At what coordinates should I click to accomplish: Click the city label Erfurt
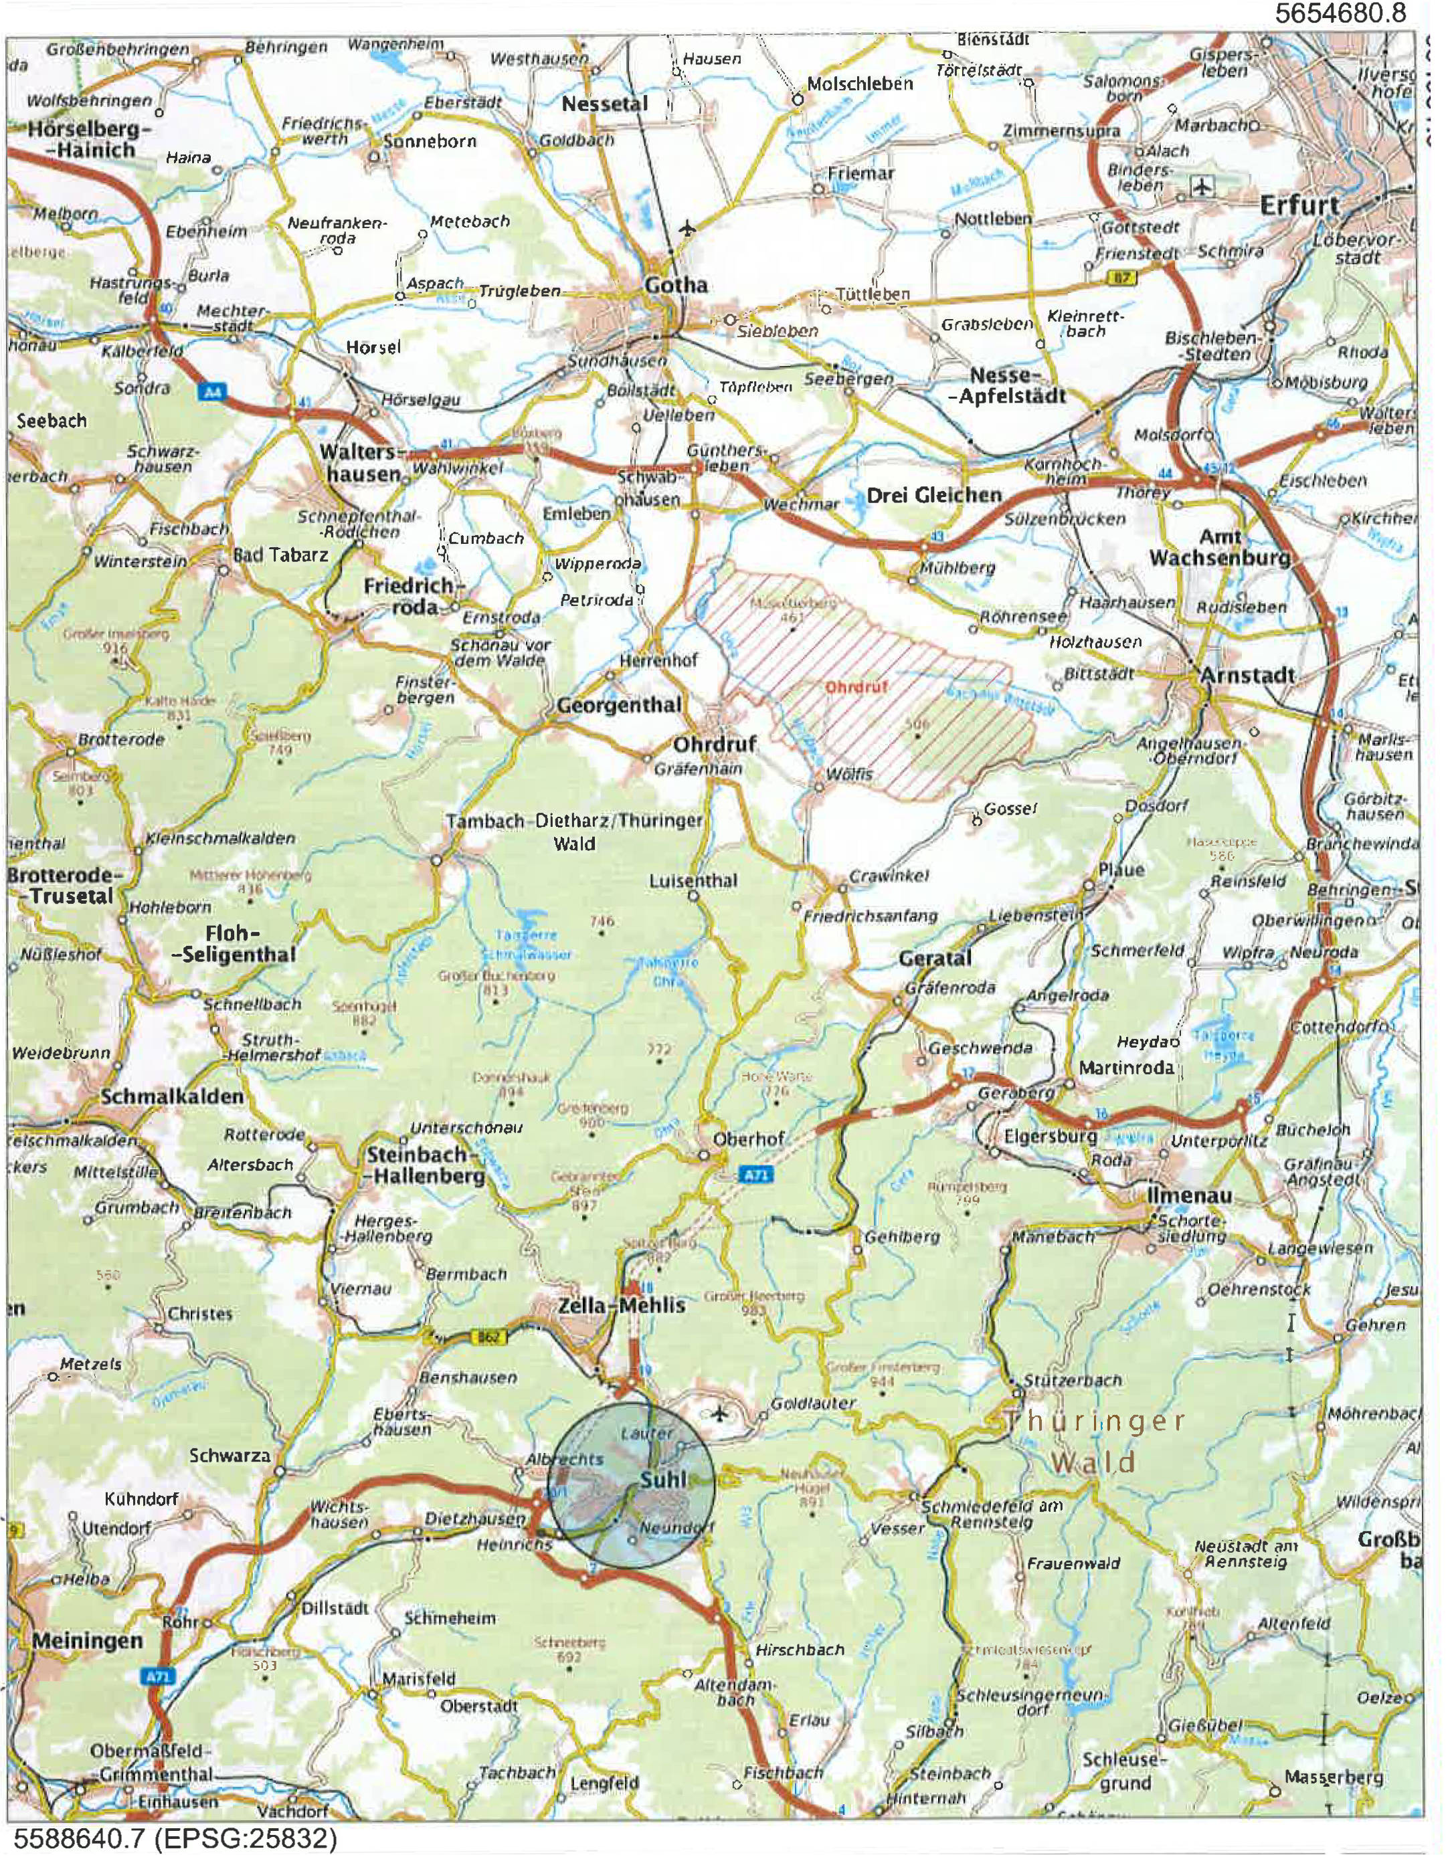(1299, 205)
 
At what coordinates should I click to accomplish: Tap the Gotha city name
(676, 285)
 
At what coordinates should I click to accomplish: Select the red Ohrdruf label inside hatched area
(851, 686)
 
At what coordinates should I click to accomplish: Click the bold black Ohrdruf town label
(714, 745)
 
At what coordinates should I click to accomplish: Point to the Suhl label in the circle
(663, 1480)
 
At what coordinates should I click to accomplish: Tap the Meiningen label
(88, 1641)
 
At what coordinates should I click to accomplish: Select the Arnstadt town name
(1247, 676)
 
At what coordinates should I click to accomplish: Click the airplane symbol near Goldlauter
(720, 1413)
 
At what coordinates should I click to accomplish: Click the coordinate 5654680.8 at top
(1351, 13)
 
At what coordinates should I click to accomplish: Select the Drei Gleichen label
(933, 494)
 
